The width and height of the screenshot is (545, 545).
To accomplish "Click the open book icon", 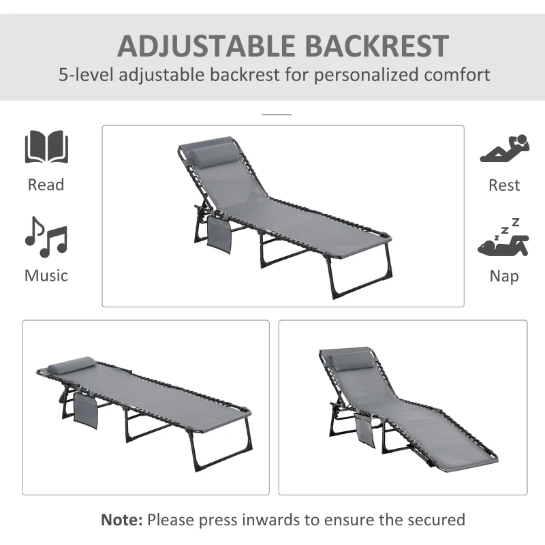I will point(46,146).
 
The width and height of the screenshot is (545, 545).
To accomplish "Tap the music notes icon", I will point(46,237).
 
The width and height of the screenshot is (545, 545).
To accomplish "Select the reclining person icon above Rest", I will point(504,149).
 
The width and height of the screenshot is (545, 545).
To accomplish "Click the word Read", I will point(46,185).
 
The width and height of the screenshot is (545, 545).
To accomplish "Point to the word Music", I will point(46,275).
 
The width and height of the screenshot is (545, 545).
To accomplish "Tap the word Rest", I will point(504,185).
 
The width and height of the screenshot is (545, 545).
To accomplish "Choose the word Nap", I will point(504,275).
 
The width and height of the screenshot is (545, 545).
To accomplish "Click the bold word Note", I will point(121,520).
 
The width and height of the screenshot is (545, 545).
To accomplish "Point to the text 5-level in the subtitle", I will point(85,74).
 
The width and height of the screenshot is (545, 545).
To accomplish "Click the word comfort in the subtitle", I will point(455,74).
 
